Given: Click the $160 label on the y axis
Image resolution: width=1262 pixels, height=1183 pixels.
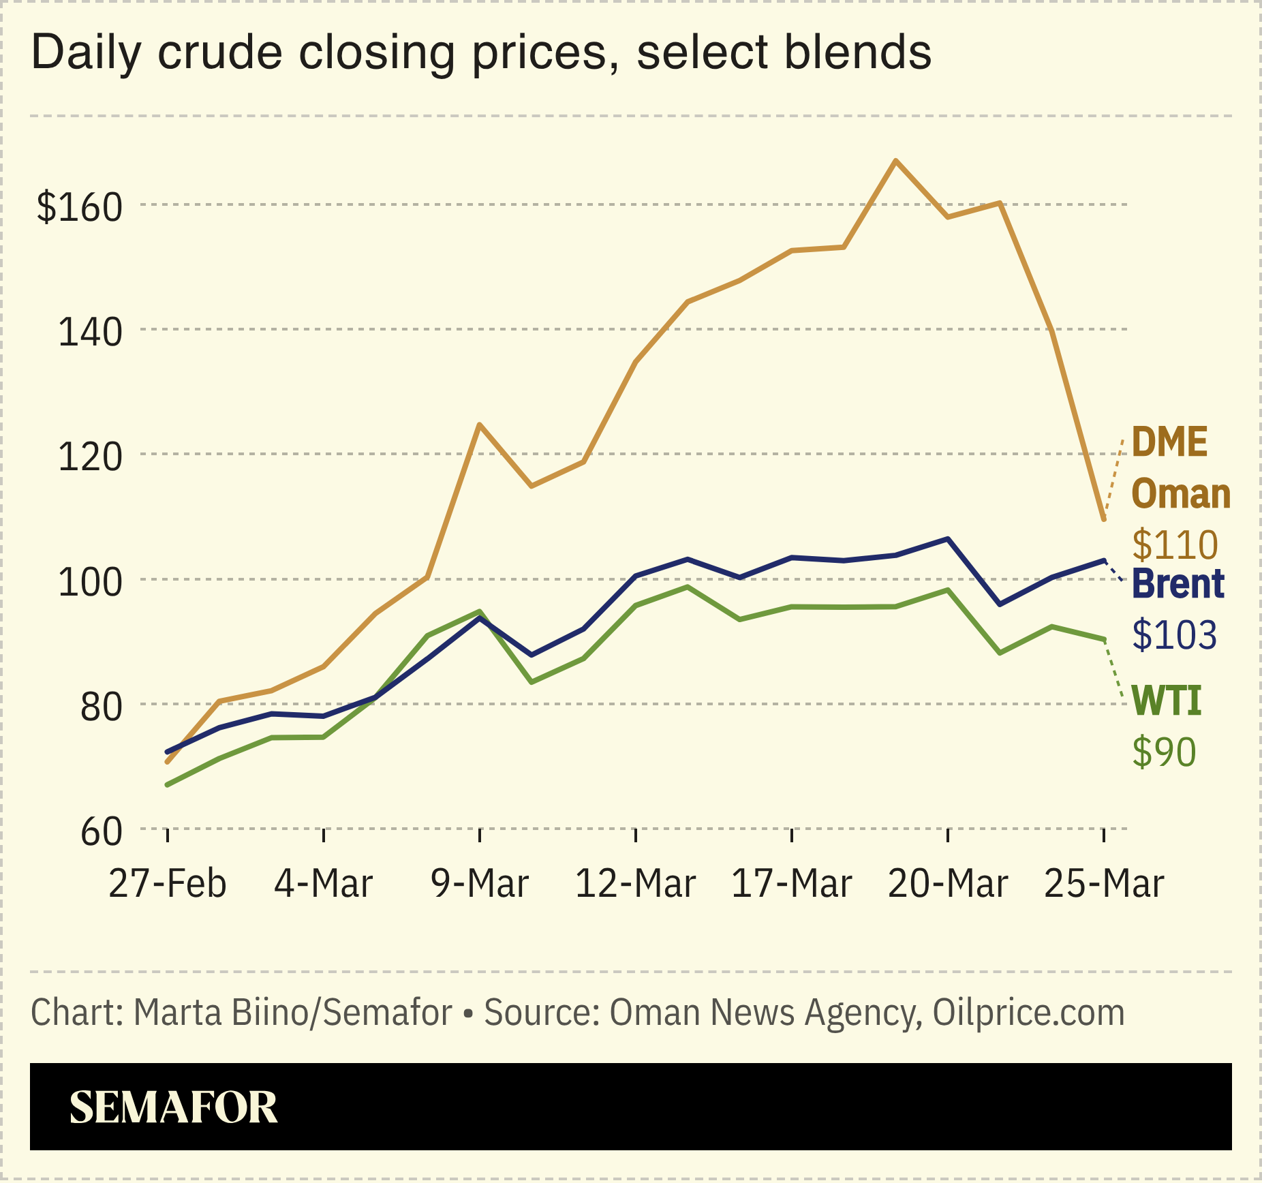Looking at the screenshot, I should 80,207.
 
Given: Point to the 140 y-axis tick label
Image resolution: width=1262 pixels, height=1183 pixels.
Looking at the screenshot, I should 90,333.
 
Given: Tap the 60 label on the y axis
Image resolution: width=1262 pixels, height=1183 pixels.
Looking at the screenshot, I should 101,832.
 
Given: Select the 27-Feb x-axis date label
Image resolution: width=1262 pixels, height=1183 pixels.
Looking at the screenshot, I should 168,884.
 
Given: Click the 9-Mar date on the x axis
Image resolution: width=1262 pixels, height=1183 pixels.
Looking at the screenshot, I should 480,884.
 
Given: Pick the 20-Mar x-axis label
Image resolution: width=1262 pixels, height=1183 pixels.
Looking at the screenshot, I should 948,884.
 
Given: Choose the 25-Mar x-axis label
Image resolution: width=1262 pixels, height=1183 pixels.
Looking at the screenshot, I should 1104,884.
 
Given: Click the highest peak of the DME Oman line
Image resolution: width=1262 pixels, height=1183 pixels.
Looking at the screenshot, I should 896,161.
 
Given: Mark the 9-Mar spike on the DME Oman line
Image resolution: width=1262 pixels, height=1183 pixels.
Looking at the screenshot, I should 480,425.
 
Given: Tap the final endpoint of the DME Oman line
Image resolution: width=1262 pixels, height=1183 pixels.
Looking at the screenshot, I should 1104,519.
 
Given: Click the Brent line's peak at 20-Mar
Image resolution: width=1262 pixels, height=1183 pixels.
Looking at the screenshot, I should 948,539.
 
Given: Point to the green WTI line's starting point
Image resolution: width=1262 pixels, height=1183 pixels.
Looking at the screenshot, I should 168,785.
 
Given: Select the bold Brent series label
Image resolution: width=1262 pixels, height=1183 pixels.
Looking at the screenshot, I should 1178,584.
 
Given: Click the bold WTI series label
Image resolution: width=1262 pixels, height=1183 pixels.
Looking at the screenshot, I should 1166,701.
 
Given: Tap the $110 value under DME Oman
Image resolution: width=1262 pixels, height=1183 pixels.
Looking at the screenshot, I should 1174,544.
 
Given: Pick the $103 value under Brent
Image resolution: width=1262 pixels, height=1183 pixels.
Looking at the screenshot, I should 1174,634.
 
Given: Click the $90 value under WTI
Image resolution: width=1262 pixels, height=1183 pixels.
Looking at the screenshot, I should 1164,752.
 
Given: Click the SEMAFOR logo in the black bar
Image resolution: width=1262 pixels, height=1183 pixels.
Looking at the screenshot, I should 174,1107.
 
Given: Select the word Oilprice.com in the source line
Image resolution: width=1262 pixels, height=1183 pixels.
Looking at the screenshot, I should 1028,1013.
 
